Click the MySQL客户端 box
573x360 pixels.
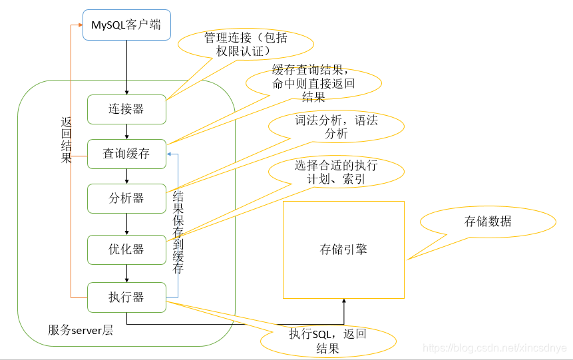coord(126,25)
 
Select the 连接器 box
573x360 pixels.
coord(126,109)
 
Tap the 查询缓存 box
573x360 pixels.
coord(126,154)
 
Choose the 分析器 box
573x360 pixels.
coord(126,198)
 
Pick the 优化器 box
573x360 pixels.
coord(126,250)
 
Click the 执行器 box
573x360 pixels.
coord(126,297)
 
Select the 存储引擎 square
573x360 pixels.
coord(343,250)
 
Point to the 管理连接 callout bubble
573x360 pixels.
coord(246,45)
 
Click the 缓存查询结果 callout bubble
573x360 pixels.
coord(313,83)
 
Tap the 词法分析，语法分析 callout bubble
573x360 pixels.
coord(336,126)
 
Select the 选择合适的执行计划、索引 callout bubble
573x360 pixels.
coord(336,172)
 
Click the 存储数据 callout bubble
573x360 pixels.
coord(488,222)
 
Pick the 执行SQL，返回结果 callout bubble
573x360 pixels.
coord(327,341)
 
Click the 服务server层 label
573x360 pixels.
coord(81,330)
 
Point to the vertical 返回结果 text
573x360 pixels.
coord(66,140)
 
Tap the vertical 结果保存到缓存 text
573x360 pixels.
coord(178,233)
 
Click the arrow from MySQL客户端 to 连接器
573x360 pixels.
coord(126,67)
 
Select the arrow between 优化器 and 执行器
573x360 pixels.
coord(126,273)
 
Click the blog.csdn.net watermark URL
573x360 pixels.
coord(494,348)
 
